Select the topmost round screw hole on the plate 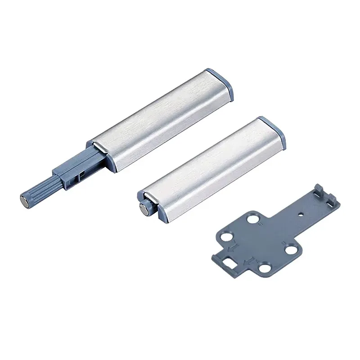(256, 219)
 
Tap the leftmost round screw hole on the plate (228, 237)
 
